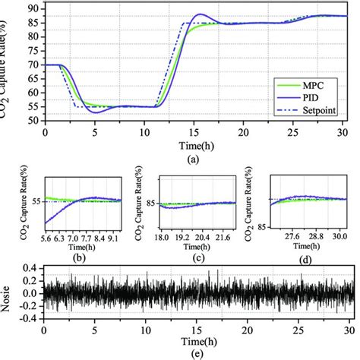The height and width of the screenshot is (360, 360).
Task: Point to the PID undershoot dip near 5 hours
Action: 95,112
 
